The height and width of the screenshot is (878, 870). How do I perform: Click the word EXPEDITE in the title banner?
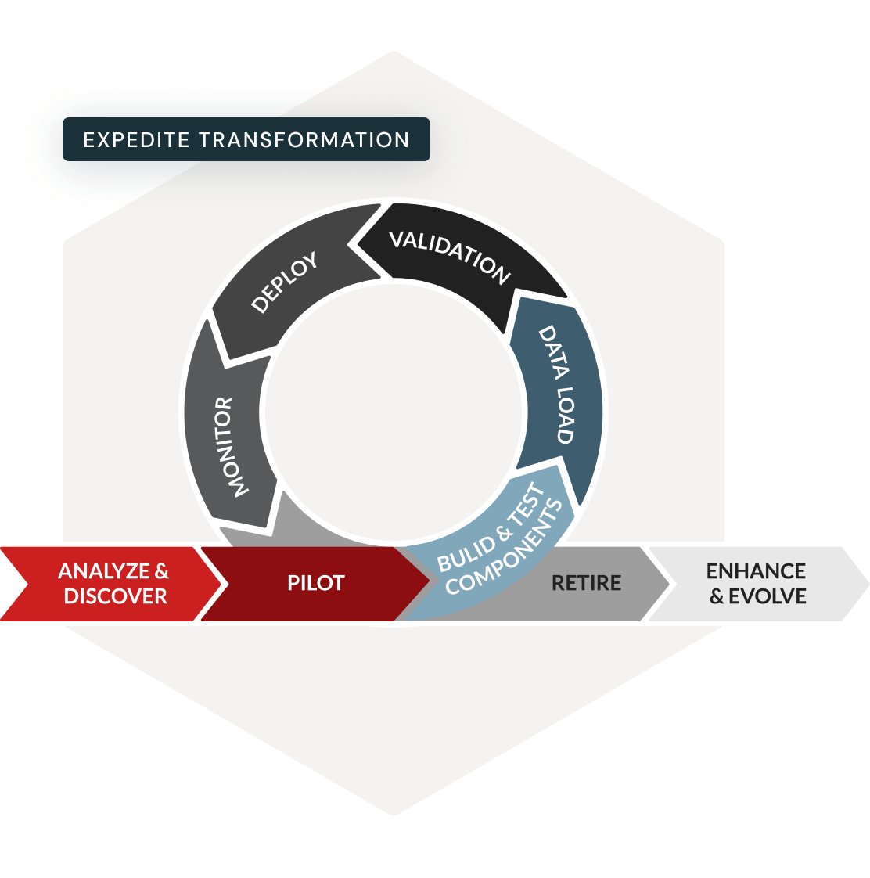tap(137, 140)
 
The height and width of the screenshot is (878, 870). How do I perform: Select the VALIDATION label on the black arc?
tap(450, 256)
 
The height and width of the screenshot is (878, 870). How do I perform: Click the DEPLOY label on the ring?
tap(285, 282)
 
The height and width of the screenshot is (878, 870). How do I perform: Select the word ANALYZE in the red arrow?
tap(104, 571)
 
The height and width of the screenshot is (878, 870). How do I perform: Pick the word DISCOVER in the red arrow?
tap(115, 596)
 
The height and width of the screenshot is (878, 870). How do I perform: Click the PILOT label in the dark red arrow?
tap(315, 583)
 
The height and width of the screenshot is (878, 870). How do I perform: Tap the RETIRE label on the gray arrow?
tap(586, 583)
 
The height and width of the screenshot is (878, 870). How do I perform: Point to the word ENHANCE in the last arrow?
tap(756, 571)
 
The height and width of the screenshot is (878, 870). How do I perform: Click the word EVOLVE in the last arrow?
tap(767, 596)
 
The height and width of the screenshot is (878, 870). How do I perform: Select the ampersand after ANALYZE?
tap(161, 571)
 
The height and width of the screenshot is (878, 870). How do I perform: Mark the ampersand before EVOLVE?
tap(717, 597)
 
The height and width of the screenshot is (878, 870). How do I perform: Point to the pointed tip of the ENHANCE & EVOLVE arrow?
tap(867, 584)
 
